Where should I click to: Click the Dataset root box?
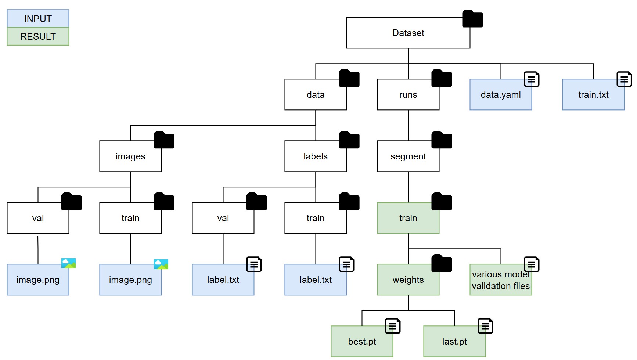point(408,33)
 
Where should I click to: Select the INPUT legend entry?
point(38,19)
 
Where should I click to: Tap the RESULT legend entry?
point(38,36)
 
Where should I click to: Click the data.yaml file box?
point(500,94)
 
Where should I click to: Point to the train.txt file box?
point(593,94)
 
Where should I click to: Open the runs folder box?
point(408,94)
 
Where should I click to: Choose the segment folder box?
point(408,156)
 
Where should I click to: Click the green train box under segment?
point(408,218)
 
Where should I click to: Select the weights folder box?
point(408,280)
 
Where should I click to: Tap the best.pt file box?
point(361,341)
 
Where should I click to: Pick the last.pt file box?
point(454,341)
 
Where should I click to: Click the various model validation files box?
point(500,280)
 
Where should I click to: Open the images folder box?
point(130,156)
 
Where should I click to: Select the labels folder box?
point(315,156)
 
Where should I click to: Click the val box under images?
point(38,218)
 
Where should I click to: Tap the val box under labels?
point(223,218)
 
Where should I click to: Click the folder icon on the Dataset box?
point(472,19)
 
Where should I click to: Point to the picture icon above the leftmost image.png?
point(68,263)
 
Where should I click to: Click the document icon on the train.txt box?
point(624,79)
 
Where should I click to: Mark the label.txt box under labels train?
point(315,280)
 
